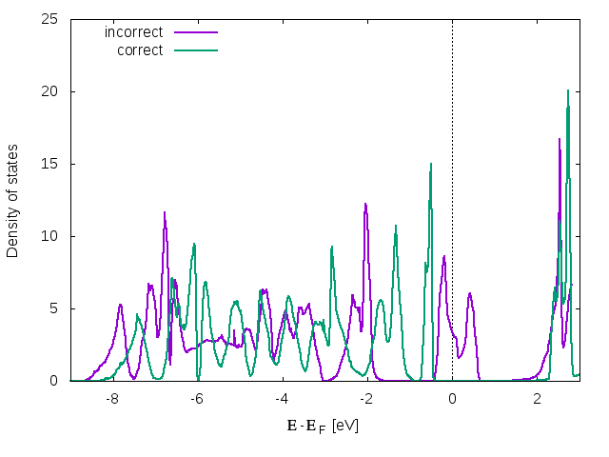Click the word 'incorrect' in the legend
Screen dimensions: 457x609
[133, 32]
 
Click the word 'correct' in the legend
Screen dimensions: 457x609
[140, 50]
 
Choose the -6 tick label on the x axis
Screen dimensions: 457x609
[196, 399]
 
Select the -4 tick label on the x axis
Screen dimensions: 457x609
[281, 399]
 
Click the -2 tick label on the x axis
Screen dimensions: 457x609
[365, 399]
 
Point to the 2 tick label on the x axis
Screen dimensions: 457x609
[537, 399]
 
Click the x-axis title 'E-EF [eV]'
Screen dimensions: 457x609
[323, 426]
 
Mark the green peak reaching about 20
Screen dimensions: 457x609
[568, 91]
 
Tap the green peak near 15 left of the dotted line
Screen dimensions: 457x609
[431, 164]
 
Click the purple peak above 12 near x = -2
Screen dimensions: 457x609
[365, 204]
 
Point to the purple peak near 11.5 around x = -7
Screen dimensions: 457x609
[165, 213]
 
